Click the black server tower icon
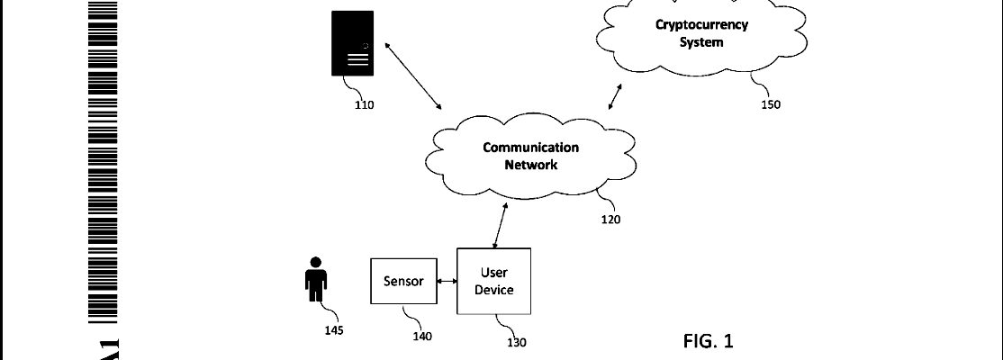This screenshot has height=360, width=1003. click(351, 44)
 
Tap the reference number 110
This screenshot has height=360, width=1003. click(364, 104)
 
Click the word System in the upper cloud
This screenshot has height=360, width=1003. click(701, 42)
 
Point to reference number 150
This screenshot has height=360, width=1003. click(771, 103)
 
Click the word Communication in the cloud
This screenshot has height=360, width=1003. click(530, 148)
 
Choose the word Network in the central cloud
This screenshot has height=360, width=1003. click(531, 165)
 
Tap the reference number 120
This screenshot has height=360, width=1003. click(610, 219)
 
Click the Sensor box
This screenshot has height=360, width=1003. click(403, 281)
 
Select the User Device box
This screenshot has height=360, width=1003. click(493, 281)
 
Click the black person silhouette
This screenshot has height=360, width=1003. click(315, 279)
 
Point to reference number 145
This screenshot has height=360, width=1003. click(333, 329)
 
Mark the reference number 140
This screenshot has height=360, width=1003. click(421, 337)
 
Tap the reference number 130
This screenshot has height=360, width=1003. click(516, 342)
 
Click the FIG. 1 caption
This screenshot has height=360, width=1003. click(709, 341)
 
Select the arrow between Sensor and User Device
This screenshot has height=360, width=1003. click(446, 282)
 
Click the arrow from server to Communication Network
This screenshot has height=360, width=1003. click(413, 75)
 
